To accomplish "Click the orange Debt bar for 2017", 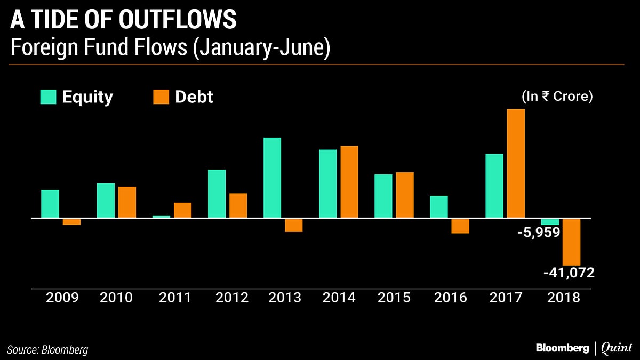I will point(516,163).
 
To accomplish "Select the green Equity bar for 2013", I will point(273,178).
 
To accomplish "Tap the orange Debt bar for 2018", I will point(571,242).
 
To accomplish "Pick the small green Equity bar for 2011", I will point(161,217).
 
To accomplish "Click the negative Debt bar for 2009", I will point(71,222).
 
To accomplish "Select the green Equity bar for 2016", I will point(439,207).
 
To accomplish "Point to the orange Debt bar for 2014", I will point(349,182).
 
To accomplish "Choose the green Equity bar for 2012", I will point(217,194).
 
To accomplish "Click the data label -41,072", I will point(569,273).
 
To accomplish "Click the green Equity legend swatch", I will point(48,97).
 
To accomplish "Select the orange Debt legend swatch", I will point(161,97).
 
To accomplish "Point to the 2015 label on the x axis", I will point(394,298).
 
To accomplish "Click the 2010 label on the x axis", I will point(116,298).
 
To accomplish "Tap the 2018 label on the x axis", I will point(563,298).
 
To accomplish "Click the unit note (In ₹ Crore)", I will point(557,97).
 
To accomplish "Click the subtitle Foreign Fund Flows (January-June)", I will point(170,49).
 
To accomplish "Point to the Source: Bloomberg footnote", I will point(49,350).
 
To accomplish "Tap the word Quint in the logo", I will point(617,348).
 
